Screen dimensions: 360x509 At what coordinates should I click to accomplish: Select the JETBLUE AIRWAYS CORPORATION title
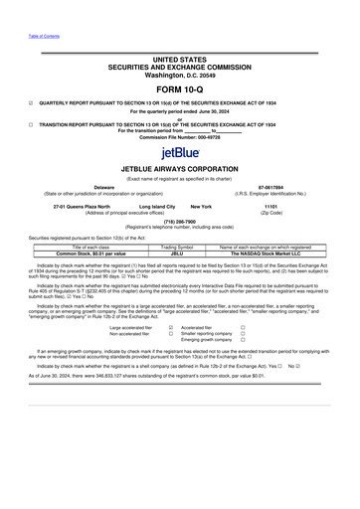click(180, 169)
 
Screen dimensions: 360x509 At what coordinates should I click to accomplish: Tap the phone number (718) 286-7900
click(180, 224)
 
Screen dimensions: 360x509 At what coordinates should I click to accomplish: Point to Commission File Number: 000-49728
click(180, 135)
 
